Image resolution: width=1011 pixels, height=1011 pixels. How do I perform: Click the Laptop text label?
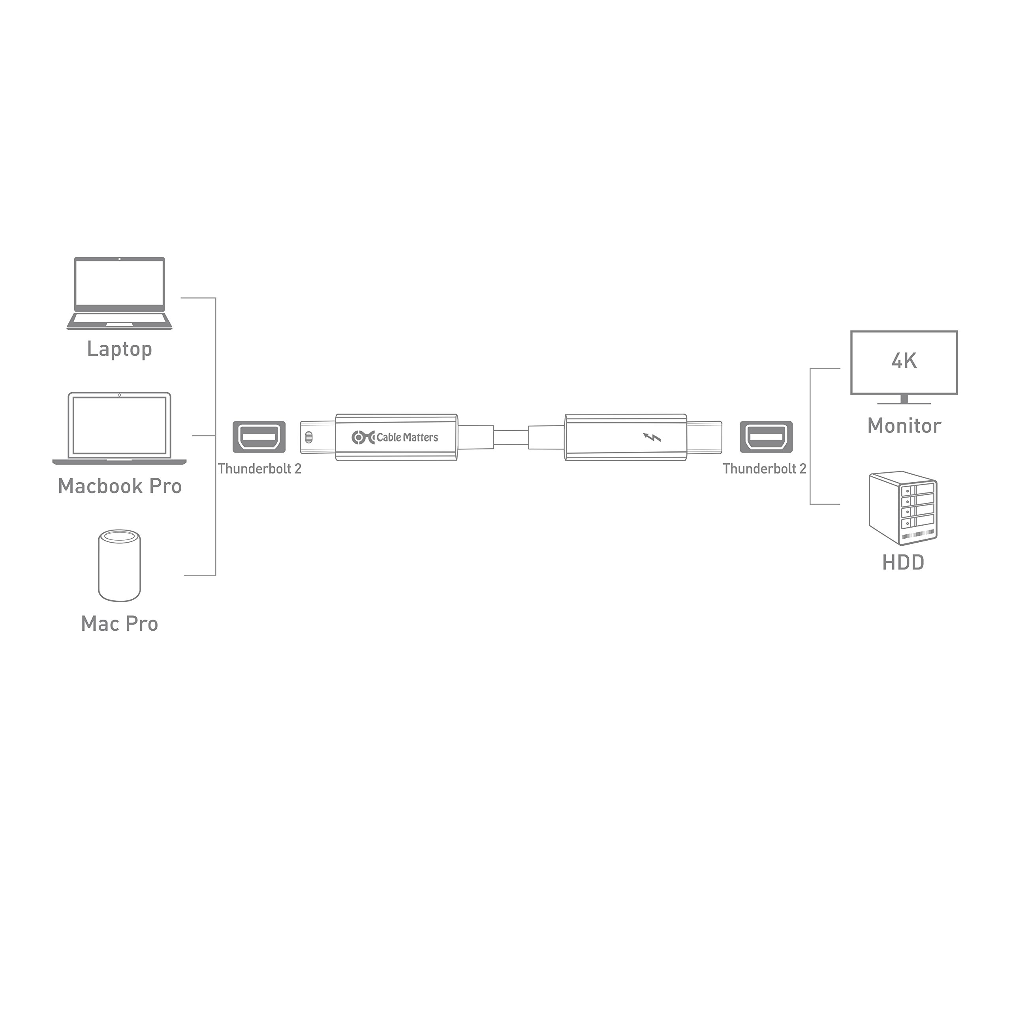coord(119,350)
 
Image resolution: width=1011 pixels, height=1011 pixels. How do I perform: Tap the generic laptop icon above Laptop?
coord(119,293)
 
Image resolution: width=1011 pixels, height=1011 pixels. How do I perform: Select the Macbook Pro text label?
coord(120,487)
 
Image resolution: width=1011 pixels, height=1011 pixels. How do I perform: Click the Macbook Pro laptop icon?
coord(119,428)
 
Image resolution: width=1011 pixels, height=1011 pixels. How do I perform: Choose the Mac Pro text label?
coord(119,624)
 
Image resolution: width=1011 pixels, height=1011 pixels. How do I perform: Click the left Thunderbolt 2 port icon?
coord(259,437)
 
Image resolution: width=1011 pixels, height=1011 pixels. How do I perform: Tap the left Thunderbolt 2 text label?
coord(259,469)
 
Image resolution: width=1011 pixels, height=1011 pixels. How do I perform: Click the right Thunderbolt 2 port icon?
coord(766,437)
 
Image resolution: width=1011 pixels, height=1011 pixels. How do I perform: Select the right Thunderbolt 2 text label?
coord(765,469)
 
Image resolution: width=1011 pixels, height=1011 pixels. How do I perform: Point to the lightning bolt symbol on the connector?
coord(652,437)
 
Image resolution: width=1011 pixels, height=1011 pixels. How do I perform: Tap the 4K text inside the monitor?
coord(904,361)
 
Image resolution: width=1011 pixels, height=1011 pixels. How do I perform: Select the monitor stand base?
coord(904,403)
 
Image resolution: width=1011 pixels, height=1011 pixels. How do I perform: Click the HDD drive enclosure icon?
coord(903,509)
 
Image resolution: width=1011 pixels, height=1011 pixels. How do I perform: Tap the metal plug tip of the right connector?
coord(705,437)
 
